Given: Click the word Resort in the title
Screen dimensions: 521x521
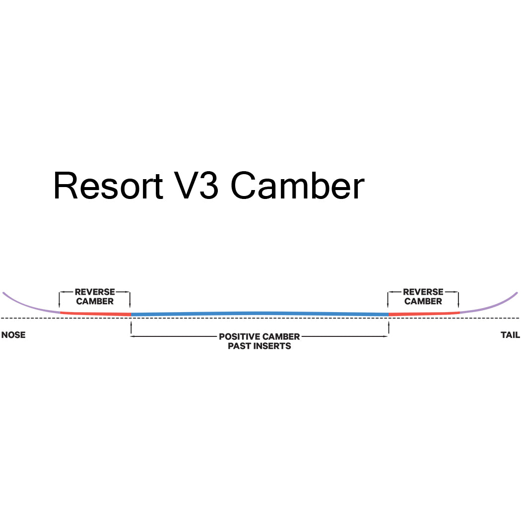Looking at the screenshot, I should (108, 186).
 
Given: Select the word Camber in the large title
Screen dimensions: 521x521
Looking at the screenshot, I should (297, 186).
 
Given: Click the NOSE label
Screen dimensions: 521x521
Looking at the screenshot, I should (13, 335).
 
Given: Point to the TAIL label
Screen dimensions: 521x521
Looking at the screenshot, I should (510, 335).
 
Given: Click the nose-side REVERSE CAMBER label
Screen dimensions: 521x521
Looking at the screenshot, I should (95, 297).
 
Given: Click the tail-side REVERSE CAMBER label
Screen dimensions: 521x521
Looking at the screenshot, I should (423, 297).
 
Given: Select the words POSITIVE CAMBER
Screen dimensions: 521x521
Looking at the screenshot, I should (259, 337).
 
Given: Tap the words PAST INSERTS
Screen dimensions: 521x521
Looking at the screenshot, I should (259, 346).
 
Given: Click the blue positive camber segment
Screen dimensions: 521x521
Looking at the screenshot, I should (259, 313).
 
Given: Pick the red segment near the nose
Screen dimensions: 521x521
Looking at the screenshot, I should (94, 314).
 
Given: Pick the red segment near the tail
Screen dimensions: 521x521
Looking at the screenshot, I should (424, 314).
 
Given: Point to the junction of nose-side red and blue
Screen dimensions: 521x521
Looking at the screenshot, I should (130, 314).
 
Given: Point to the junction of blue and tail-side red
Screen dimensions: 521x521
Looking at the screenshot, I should (389, 314).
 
